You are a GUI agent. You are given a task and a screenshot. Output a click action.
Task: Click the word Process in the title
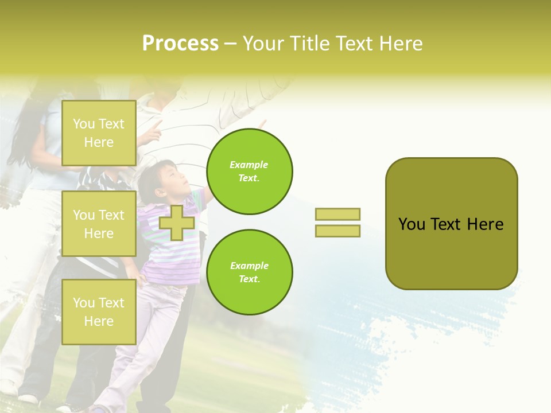(x=180, y=44)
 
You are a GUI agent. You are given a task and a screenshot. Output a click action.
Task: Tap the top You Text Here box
(x=99, y=133)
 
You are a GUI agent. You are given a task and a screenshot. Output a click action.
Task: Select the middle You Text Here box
(x=99, y=224)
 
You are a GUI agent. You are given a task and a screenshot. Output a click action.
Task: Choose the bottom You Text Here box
(x=99, y=312)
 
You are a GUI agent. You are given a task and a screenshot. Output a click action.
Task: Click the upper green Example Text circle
(x=250, y=172)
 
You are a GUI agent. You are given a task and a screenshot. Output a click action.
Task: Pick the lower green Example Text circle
(x=250, y=272)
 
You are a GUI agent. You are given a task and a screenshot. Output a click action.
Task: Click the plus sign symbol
(x=177, y=223)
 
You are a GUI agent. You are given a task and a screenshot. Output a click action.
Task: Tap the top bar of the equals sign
(x=337, y=214)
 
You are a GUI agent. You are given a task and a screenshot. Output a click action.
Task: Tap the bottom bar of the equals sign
(x=337, y=231)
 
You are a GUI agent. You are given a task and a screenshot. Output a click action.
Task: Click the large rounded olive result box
(x=451, y=224)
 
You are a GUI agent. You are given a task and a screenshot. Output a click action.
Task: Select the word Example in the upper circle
(x=249, y=165)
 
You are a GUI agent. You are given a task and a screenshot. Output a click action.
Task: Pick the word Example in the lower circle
(x=249, y=266)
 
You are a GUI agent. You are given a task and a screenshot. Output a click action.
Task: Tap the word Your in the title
(x=262, y=44)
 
